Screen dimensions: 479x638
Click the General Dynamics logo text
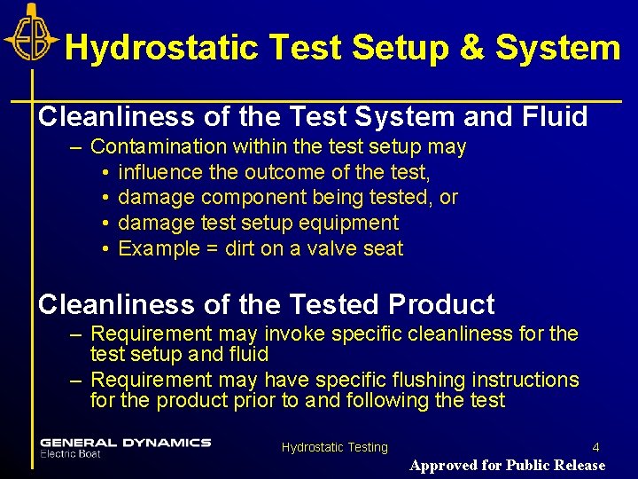pos(125,442)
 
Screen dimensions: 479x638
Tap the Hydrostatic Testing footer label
pos(335,448)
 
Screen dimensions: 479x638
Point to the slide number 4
pos(595,448)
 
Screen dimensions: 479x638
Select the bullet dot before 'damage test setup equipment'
pos(105,223)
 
